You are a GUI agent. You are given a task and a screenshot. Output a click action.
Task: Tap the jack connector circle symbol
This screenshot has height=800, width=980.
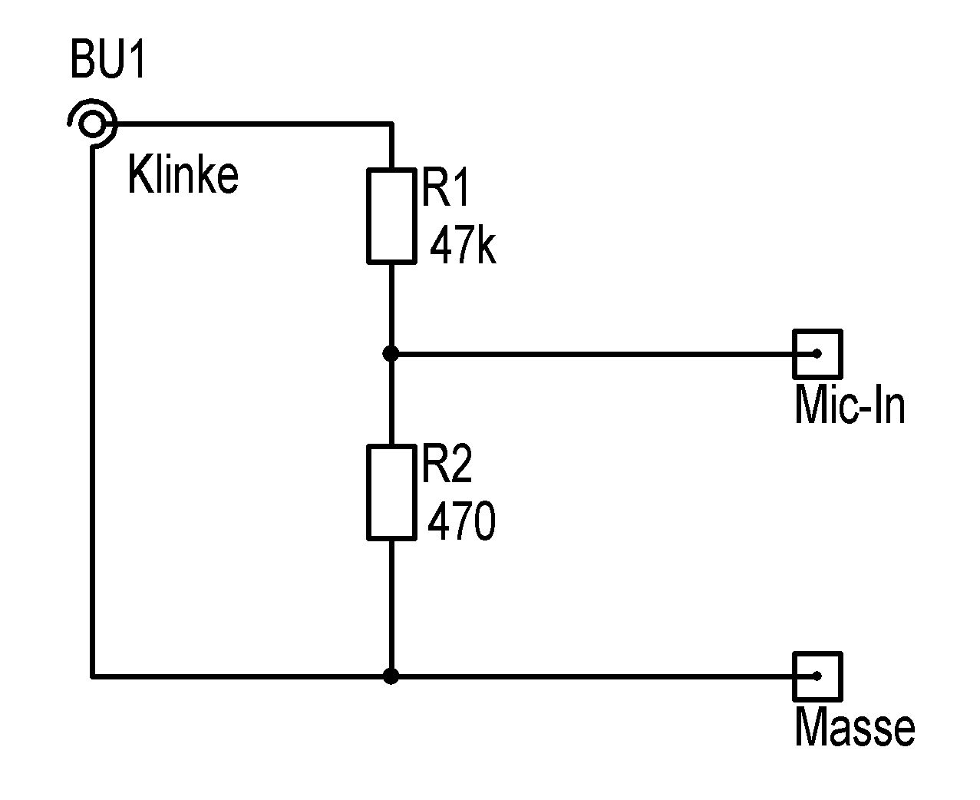point(92,123)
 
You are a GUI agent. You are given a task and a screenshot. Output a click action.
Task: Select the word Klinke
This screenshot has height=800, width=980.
point(183,175)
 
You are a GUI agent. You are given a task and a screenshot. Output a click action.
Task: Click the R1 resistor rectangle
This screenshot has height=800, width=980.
point(391,216)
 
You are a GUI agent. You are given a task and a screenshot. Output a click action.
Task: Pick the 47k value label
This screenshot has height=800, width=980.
point(462,246)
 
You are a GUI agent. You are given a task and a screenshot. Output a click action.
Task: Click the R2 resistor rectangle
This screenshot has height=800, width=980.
point(391,492)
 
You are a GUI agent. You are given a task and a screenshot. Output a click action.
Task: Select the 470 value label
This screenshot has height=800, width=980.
point(461,522)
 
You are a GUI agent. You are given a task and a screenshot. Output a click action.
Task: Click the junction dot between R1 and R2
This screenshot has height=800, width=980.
point(391,354)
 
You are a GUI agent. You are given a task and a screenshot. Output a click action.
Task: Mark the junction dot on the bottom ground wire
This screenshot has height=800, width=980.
point(391,676)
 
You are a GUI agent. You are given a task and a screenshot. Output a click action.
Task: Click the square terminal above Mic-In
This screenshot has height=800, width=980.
point(817,354)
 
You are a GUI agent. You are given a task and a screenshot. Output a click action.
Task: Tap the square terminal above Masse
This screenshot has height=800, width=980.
point(817,676)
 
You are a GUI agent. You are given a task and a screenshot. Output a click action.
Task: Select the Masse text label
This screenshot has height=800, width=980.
point(854,727)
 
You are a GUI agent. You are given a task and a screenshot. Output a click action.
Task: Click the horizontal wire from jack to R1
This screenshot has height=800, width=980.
point(253,123)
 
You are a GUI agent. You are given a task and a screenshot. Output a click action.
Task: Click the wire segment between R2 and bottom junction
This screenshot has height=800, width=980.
point(391,607)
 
